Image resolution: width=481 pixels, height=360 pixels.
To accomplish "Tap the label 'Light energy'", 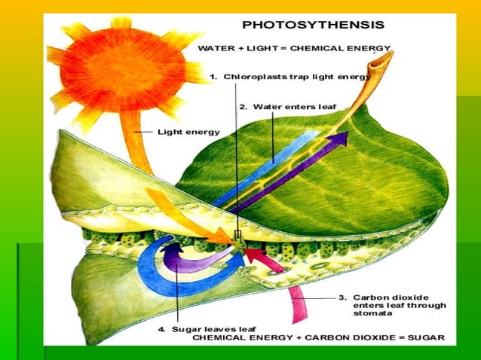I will click(188, 132).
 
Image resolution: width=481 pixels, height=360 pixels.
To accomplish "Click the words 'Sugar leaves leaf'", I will click(215, 329).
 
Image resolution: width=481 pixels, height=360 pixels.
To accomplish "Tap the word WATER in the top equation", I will click(215, 48).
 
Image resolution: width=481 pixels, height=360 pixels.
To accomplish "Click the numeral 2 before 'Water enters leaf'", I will click(243, 107).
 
